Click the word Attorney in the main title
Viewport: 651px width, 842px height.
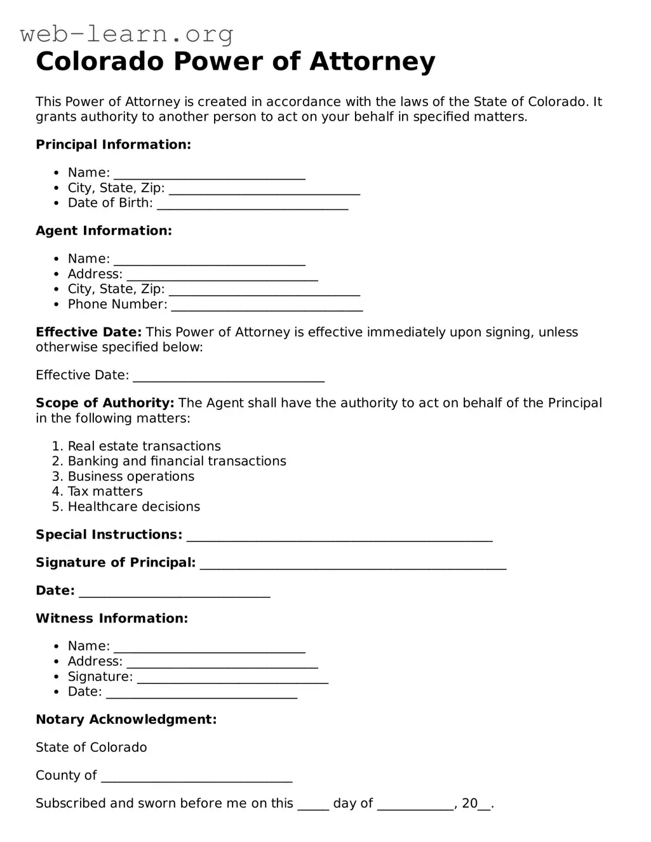point(372,62)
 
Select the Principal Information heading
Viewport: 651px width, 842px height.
point(113,145)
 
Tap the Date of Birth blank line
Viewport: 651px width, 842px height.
point(252,204)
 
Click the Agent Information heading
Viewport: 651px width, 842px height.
point(104,231)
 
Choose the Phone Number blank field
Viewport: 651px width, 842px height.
point(267,306)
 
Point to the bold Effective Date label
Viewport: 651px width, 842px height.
point(88,332)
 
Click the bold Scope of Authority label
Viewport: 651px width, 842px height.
point(105,404)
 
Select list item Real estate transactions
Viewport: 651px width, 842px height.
point(144,447)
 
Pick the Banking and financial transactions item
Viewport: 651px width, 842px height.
point(177,462)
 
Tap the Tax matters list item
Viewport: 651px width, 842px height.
point(105,492)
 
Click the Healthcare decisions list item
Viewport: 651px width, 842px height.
point(133,507)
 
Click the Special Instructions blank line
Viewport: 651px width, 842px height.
point(339,536)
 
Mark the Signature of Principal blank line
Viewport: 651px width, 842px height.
point(353,564)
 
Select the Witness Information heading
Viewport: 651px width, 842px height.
point(112,619)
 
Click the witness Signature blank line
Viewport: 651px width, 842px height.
point(232,678)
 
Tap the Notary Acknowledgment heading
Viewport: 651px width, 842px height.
point(126,720)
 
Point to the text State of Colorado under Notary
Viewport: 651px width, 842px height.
point(91,747)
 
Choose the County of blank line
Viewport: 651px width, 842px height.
point(196,777)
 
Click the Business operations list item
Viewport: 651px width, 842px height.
point(131,477)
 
